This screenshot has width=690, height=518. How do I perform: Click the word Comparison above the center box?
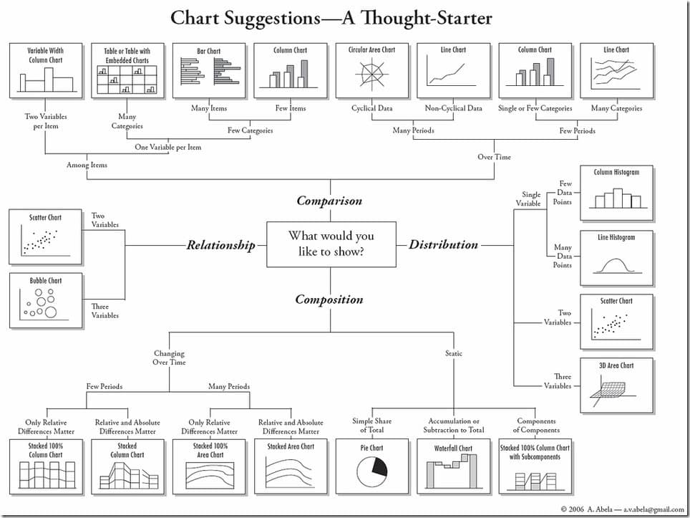tap(329, 201)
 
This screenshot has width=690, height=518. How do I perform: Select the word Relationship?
tap(220, 245)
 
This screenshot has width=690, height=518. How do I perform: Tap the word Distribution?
tap(443, 244)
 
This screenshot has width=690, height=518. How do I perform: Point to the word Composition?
tap(329, 299)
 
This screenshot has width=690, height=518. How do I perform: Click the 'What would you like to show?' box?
tap(331, 244)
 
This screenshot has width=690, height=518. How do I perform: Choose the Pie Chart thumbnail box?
tap(371, 466)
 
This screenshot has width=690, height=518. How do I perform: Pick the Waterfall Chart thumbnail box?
tap(453, 466)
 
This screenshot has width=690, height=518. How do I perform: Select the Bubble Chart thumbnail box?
tap(45, 301)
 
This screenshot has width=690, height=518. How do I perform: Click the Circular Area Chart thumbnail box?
tap(371, 69)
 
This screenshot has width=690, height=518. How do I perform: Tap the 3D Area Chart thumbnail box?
tap(616, 385)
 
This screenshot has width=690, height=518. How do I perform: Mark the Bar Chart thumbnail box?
tap(209, 69)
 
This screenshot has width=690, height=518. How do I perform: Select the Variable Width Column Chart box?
tap(45, 69)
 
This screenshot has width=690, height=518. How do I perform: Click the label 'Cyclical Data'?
tap(371, 109)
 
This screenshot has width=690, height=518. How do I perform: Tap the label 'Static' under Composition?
tap(454, 353)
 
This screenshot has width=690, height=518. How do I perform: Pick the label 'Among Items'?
tap(87, 165)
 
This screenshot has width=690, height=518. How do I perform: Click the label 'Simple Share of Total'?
tap(371, 426)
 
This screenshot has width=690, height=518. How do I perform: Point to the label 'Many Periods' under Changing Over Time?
tap(229, 387)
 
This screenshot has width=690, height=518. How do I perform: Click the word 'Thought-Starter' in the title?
tap(417, 17)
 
